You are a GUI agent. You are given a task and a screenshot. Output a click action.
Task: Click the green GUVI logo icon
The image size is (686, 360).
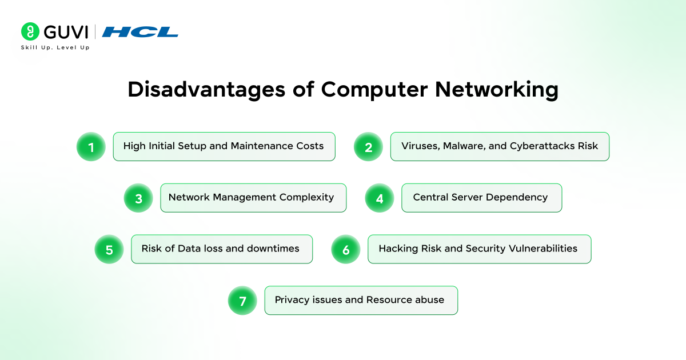[x=30, y=31]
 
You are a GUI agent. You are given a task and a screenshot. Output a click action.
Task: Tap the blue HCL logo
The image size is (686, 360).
[x=140, y=32]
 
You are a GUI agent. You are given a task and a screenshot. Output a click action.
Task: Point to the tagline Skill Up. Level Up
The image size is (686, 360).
[x=55, y=47]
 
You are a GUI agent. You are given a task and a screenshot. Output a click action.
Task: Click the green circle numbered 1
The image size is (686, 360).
[x=91, y=147]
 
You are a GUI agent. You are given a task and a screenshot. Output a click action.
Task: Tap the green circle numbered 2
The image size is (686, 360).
[x=368, y=147]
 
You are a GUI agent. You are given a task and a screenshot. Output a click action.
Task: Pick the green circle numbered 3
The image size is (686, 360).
[x=138, y=198]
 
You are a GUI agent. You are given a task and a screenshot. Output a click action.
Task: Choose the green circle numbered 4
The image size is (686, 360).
[x=380, y=198]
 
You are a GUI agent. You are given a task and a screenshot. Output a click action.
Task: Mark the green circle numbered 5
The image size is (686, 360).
[x=109, y=250]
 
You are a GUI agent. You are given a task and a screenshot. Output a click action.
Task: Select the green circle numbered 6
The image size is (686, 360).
[x=346, y=250]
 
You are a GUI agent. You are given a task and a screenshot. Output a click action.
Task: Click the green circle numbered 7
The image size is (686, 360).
[x=242, y=301]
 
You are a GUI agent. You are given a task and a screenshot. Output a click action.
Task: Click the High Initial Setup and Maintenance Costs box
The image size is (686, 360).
[x=224, y=146]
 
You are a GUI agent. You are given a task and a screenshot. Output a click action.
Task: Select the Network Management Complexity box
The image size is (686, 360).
[x=253, y=198]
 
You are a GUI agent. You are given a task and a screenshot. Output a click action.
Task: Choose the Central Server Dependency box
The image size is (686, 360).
[x=481, y=198]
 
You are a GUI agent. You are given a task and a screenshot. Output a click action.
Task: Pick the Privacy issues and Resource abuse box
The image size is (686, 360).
[x=361, y=300]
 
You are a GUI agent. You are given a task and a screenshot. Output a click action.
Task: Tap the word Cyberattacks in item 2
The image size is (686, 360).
[x=543, y=146]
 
